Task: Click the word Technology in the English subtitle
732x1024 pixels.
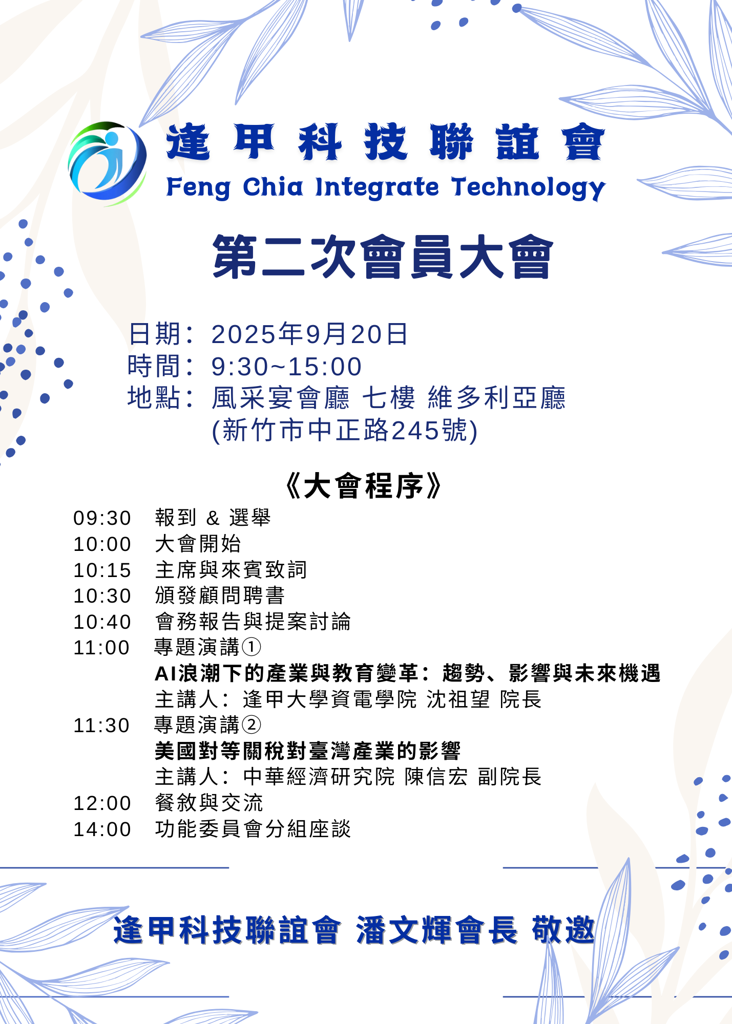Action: click(x=529, y=188)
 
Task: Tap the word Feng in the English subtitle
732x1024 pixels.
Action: click(x=199, y=188)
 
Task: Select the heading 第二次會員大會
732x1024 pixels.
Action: click(x=383, y=257)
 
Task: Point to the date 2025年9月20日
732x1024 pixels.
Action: click(x=309, y=334)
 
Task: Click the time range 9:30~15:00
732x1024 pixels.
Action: click(x=287, y=367)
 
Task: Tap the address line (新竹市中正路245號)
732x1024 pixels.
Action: click(x=345, y=430)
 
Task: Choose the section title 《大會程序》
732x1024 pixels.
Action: click(x=363, y=486)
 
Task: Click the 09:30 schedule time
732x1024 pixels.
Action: click(x=102, y=518)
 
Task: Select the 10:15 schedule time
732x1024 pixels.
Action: click(x=102, y=570)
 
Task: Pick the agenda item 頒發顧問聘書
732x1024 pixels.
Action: click(x=220, y=595)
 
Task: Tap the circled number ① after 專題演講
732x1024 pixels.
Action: click(x=251, y=647)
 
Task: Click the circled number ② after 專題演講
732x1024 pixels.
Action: click(x=251, y=725)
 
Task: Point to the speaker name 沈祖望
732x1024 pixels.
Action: click(x=458, y=699)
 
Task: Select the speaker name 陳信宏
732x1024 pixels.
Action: click(x=436, y=777)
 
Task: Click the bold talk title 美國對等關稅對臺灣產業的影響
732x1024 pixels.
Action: click(x=308, y=751)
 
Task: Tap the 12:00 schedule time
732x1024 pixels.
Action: click(x=102, y=803)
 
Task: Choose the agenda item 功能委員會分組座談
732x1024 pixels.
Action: click(x=253, y=829)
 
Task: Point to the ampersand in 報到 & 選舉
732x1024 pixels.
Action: click(x=213, y=519)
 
